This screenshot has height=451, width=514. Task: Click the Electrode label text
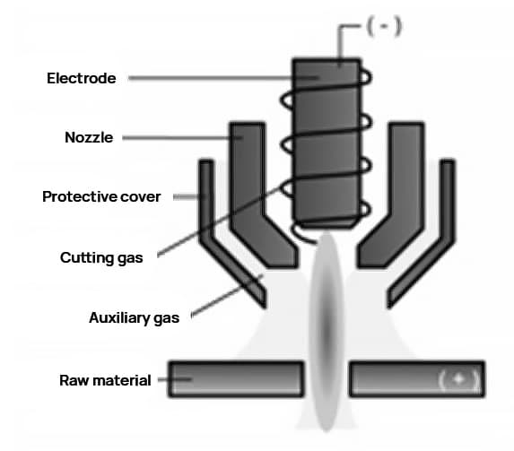click(82, 78)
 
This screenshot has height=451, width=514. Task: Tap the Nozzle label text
click(89, 137)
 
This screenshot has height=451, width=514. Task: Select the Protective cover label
click(101, 196)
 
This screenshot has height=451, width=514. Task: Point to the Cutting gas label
click(101, 258)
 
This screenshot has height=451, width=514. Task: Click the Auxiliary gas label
click(134, 318)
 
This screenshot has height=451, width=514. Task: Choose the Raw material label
click(105, 380)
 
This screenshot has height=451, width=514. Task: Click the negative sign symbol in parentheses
click(384, 26)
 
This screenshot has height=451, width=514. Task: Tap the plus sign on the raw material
click(458, 379)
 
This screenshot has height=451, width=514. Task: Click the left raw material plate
click(236, 379)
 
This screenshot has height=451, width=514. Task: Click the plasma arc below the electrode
click(327, 331)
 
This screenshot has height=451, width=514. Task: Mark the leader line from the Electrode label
click(223, 78)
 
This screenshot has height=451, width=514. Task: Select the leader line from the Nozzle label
click(182, 138)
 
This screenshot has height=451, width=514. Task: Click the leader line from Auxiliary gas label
click(227, 296)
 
